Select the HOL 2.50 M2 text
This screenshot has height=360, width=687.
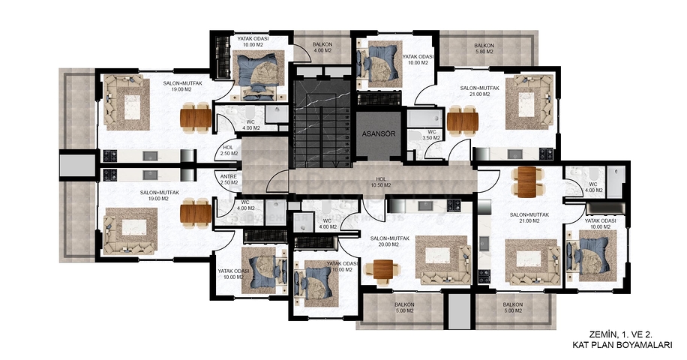click(x=229, y=150)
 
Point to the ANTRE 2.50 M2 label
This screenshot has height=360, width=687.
click(x=229, y=179)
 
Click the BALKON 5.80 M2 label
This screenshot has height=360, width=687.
click(x=484, y=49)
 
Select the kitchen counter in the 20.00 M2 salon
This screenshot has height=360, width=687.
click(x=428, y=205)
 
